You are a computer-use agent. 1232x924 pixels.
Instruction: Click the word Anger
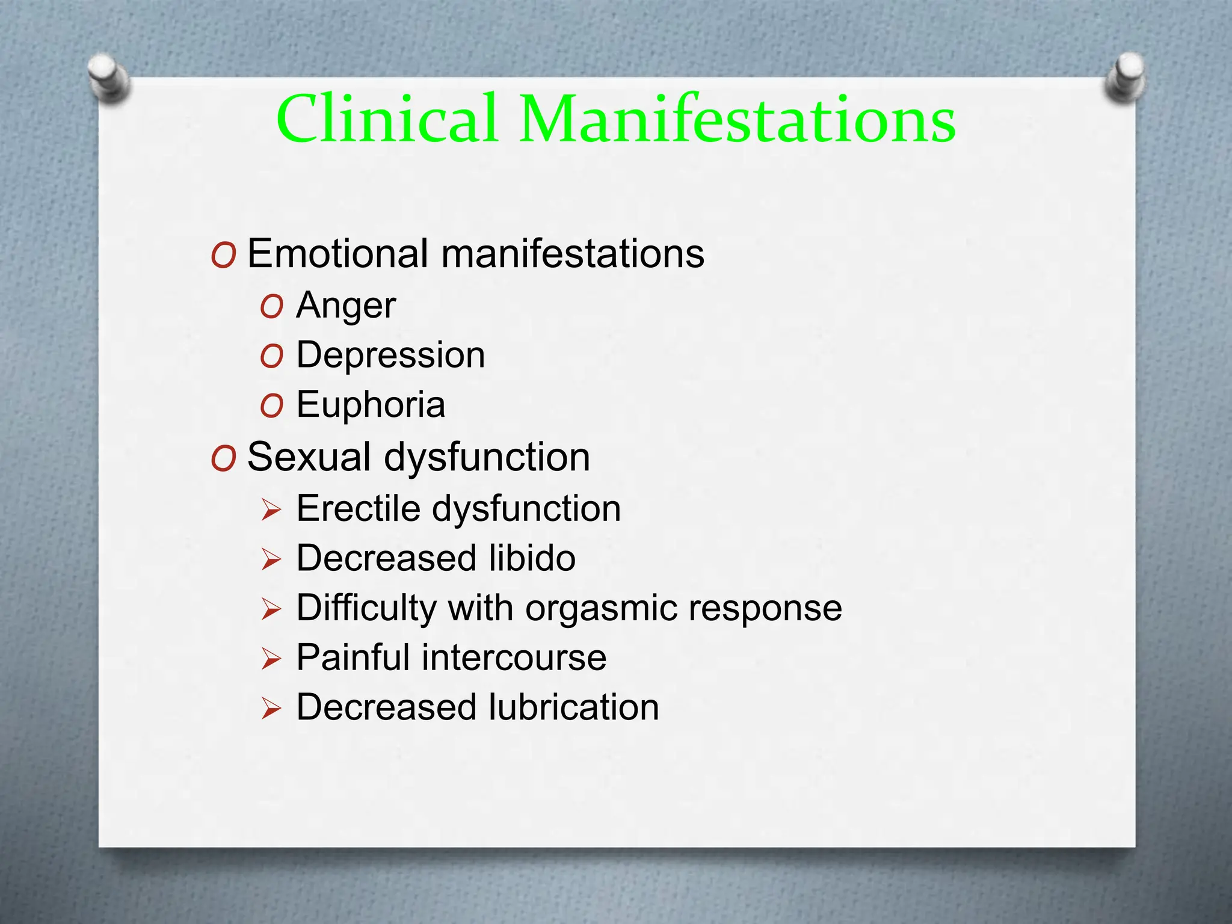click(346, 306)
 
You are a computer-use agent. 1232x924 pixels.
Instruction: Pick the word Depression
click(390, 355)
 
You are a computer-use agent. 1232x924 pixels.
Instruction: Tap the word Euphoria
click(371, 404)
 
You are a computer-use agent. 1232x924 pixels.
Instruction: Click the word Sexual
click(309, 457)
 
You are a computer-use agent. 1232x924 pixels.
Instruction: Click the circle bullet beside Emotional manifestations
click(223, 256)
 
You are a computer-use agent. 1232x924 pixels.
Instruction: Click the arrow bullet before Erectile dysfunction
click(271, 511)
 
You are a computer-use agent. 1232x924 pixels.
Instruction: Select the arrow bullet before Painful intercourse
click(271, 659)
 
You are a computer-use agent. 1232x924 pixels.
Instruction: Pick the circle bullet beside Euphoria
click(271, 407)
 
